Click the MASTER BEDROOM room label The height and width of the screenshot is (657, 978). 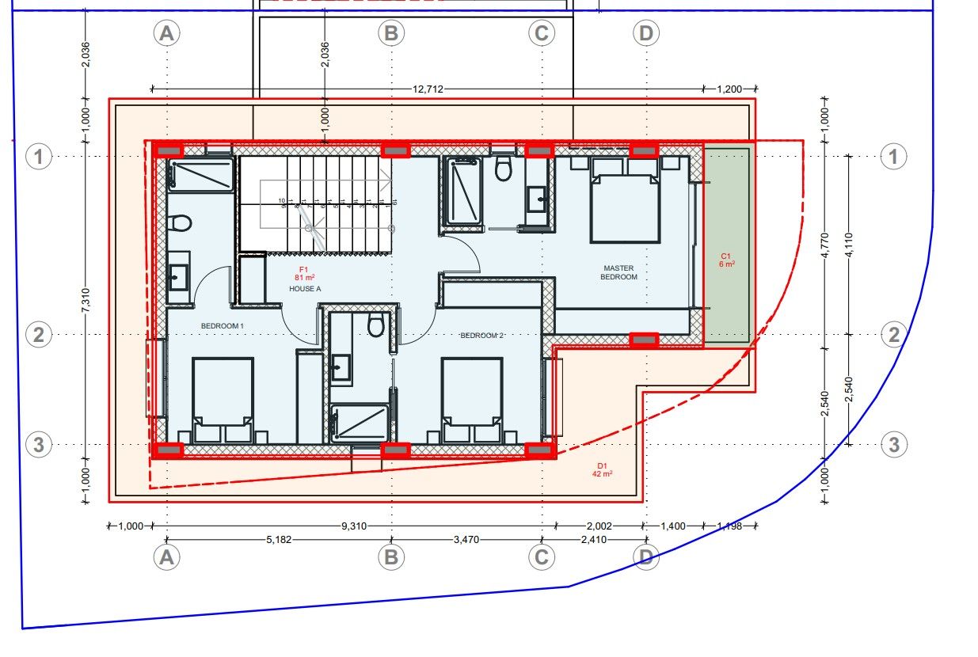click(x=618, y=273)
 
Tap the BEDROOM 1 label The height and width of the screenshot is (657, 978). click(x=223, y=326)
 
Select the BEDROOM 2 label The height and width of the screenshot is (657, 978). click(x=482, y=336)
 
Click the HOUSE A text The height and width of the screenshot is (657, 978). click(x=306, y=289)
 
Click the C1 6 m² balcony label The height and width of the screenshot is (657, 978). click(x=726, y=260)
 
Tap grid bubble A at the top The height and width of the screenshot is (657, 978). click(x=166, y=33)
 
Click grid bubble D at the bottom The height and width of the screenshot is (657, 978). click(x=646, y=558)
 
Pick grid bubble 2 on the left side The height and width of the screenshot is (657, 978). click(x=38, y=335)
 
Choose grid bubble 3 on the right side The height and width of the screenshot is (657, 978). click(x=893, y=444)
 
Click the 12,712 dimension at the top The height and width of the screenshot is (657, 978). click(x=428, y=89)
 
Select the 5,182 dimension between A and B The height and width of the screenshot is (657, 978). click(x=279, y=540)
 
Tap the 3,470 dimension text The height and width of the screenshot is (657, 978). click(x=465, y=540)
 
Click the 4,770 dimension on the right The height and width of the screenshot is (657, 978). click(x=824, y=245)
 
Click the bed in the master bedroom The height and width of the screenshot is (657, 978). click(x=625, y=200)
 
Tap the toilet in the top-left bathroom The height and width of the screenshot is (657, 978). click(x=181, y=223)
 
